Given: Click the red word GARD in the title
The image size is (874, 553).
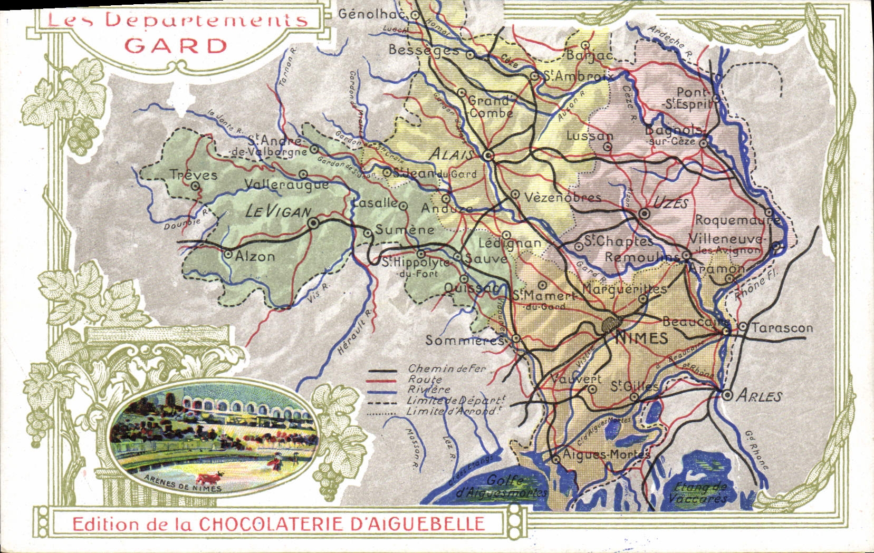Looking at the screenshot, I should pyautogui.click(x=176, y=46).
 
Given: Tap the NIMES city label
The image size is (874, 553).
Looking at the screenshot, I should pyautogui.click(x=641, y=338).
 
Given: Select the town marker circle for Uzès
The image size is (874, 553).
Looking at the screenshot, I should pyautogui.click(x=644, y=214).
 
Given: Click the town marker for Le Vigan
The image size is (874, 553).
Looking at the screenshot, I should pyautogui.click(x=313, y=224).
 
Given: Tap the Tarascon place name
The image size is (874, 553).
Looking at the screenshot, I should pyautogui.click(x=782, y=327).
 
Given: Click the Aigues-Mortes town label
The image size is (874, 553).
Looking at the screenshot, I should pyautogui.click(x=607, y=454).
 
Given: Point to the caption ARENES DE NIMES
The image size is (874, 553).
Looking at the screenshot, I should pyautogui.click(x=183, y=488).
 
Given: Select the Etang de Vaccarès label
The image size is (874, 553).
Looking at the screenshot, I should pyautogui.click(x=701, y=493).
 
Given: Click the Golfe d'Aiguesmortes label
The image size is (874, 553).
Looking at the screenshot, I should pyautogui.click(x=501, y=487).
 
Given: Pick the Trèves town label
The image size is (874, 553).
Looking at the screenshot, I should pyautogui.click(x=193, y=174).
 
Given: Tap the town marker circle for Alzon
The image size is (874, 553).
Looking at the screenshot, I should pyautogui.click(x=228, y=254).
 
